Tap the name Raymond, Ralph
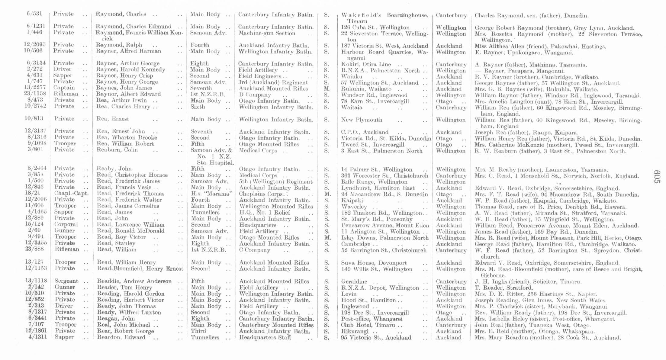point(119,45)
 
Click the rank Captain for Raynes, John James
point(64,88)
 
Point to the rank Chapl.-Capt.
point(72,193)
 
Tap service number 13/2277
point(36,88)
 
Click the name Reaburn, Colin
point(117,150)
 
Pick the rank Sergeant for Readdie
point(66,281)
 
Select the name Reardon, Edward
point(121,337)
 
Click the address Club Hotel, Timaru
point(368,325)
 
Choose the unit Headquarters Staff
point(265,337)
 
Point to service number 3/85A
point(36,175)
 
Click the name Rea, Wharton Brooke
point(127,138)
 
